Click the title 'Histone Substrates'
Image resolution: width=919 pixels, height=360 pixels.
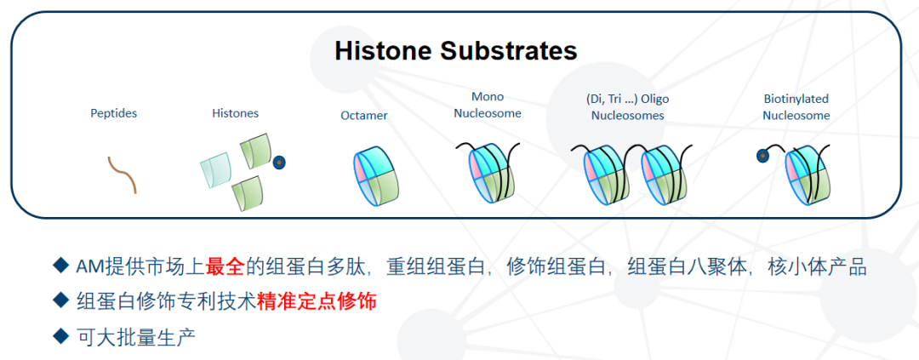(455, 50)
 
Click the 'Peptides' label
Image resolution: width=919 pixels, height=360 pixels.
(113, 113)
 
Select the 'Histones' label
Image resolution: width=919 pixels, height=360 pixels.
(235, 113)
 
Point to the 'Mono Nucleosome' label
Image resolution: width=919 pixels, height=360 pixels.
(488, 105)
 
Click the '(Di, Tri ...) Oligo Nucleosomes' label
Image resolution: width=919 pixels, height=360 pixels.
(628, 107)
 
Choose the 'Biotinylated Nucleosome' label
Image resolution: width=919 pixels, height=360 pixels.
(796, 107)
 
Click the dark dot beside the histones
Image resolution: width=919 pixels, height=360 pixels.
(279, 162)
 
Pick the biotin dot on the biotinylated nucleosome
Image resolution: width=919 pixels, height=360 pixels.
(762, 156)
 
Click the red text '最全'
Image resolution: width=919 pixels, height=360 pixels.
(225, 266)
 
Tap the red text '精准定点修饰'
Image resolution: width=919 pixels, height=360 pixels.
(317, 300)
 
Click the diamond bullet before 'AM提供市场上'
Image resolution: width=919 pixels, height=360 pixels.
(60, 266)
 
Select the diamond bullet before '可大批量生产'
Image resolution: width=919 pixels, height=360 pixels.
(60, 335)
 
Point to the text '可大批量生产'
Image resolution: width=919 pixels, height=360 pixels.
(136, 335)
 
